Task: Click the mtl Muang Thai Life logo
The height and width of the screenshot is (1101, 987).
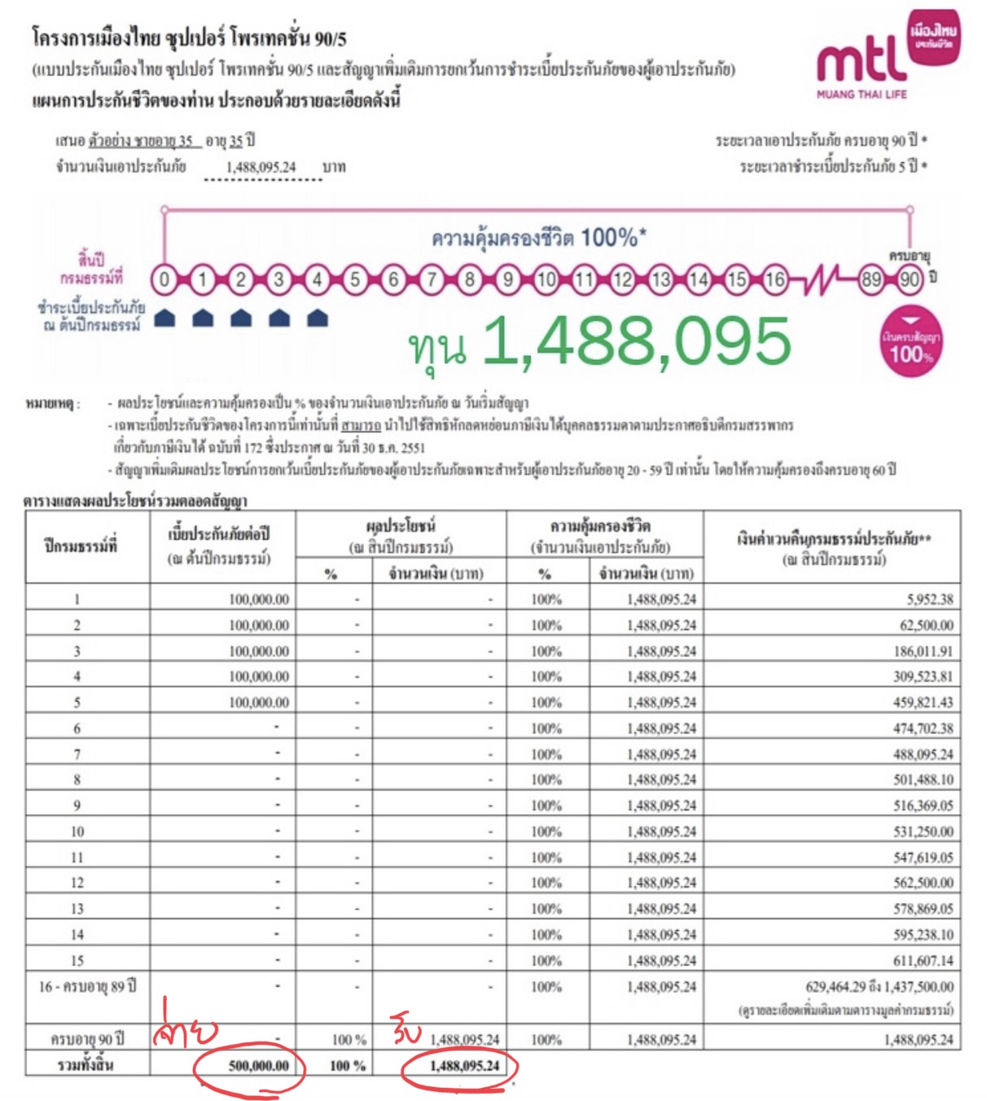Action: click(x=888, y=57)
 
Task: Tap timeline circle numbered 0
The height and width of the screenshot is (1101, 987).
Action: click(x=164, y=280)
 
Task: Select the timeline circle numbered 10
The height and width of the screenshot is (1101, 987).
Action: click(x=546, y=280)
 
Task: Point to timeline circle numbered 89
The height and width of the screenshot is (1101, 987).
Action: click(x=871, y=280)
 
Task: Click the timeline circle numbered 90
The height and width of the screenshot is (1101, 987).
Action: click(x=910, y=280)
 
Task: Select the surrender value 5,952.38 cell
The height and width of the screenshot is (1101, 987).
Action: click(x=928, y=599)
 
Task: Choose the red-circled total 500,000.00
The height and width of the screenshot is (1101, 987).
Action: click(x=258, y=1066)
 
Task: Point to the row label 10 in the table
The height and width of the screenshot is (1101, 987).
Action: click(x=77, y=831)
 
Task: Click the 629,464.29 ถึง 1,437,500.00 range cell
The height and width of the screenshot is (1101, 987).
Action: click(x=879, y=986)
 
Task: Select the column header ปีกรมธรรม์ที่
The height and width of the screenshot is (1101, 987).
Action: click(x=81, y=546)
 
